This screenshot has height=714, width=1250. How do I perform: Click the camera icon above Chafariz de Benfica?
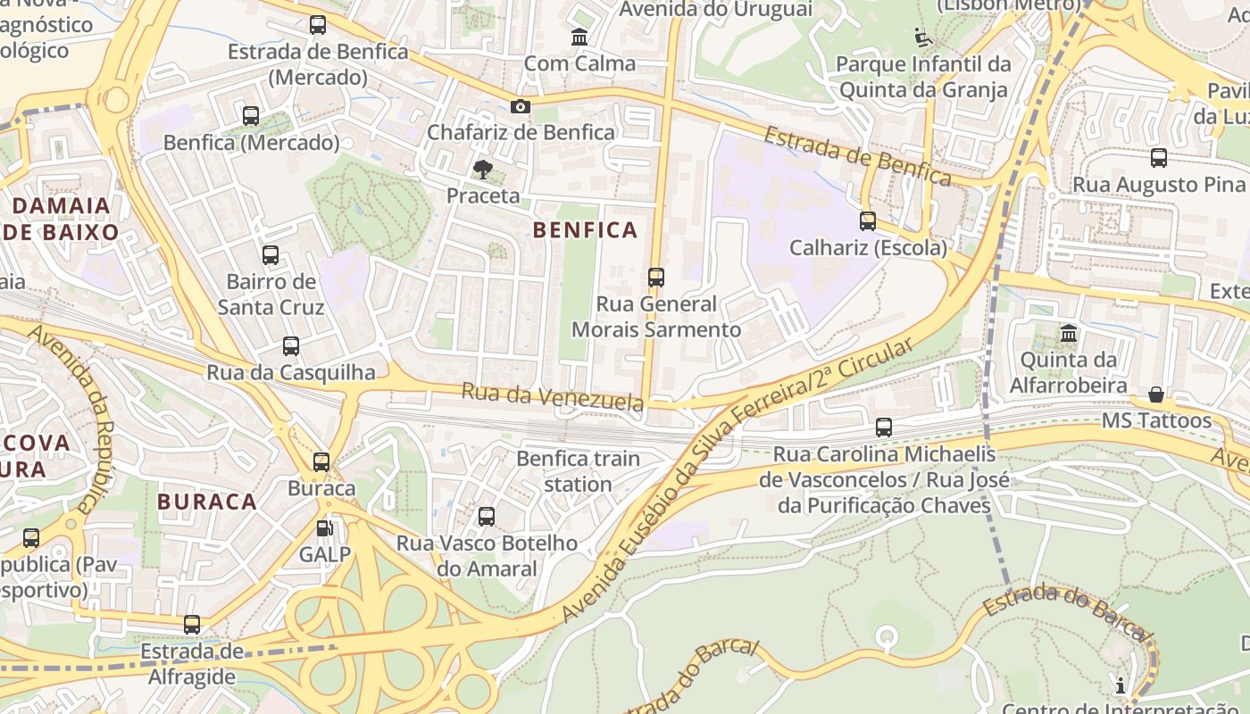[x=520, y=107]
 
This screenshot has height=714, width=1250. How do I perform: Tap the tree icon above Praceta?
[x=482, y=169]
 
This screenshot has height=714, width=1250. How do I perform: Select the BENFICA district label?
[x=585, y=230]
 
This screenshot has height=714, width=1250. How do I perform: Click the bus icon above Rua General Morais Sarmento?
[x=656, y=278]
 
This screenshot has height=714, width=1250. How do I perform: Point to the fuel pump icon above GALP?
[x=325, y=528]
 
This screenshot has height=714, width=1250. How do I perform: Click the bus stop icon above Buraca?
[x=321, y=462]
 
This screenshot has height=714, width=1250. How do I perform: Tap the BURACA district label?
[x=207, y=502]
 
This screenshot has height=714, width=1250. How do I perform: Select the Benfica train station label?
[x=579, y=471]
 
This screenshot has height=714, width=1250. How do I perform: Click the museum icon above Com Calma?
[x=579, y=37]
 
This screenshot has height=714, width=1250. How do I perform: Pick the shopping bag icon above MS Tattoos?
[x=1156, y=394]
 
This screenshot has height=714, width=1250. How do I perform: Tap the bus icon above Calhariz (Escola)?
[x=868, y=221]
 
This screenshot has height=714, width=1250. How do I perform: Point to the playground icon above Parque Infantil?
[x=923, y=38]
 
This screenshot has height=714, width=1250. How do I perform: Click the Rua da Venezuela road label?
[x=553, y=396]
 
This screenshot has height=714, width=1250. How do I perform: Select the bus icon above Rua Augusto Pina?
[x=1159, y=158]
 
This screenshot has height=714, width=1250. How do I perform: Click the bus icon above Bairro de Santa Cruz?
[x=271, y=255]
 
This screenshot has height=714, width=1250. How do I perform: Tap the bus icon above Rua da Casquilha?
[x=291, y=346]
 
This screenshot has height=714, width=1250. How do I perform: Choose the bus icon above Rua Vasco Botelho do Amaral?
[x=487, y=517]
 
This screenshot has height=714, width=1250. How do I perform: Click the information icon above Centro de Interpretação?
[x=1121, y=685]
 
